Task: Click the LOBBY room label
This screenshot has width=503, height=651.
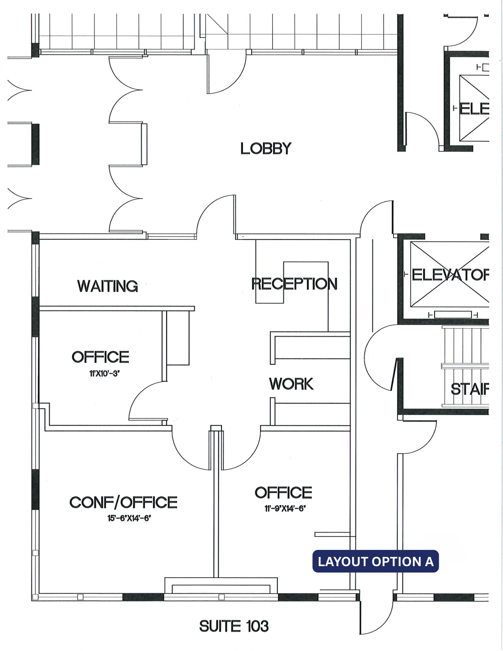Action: [x=265, y=149]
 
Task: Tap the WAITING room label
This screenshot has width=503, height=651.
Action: [x=107, y=286]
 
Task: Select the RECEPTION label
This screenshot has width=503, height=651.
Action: [x=294, y=284]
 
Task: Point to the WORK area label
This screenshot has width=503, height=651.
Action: [x=291, y=384]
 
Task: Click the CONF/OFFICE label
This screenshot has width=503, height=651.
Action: [x=123, y=503]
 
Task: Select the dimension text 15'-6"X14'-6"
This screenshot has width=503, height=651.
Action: [x=129, y=518]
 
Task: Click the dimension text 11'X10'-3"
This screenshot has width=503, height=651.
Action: [x=104, y=373]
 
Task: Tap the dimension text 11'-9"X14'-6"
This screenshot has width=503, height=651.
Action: [x=285, y=509]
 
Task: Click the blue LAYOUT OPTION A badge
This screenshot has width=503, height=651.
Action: [x=376, y=561]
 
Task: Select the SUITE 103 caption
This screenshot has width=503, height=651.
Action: [x=234, y=626]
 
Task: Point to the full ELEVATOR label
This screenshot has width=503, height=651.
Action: [x=450, y=275]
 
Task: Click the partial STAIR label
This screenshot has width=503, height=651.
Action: [x=469, y=389]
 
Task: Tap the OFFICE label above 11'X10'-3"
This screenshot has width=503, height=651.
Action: [x=100, y=357]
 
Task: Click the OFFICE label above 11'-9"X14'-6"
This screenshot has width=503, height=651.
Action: [x=283, y=493]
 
